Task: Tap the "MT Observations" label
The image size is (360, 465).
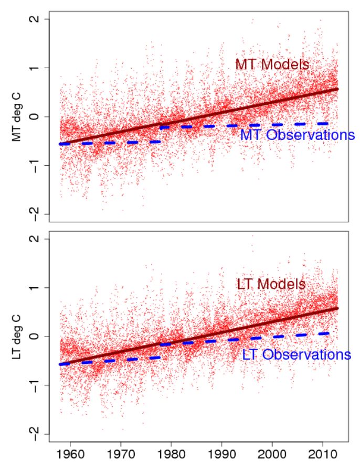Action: pos(297,135)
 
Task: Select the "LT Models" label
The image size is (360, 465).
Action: pos(271,284)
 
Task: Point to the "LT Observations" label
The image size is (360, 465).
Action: pos(297,354)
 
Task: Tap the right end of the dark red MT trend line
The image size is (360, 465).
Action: pos(337,89)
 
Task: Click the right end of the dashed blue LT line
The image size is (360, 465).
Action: pos(329,333)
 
